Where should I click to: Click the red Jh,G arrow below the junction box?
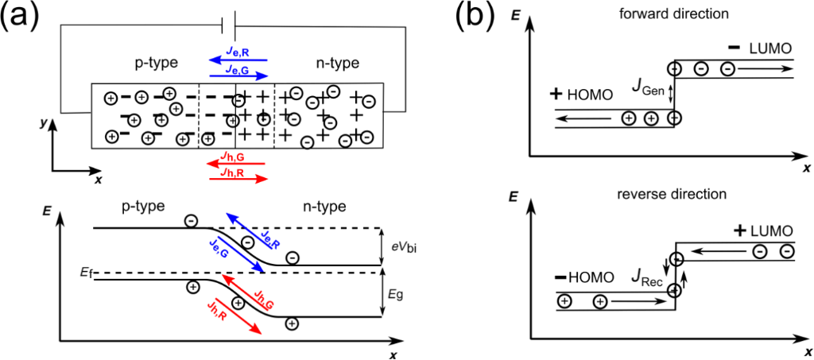pyautogui.click(x=238, y=163)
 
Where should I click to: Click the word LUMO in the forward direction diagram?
pyautogui.click(x=770, y=48)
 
